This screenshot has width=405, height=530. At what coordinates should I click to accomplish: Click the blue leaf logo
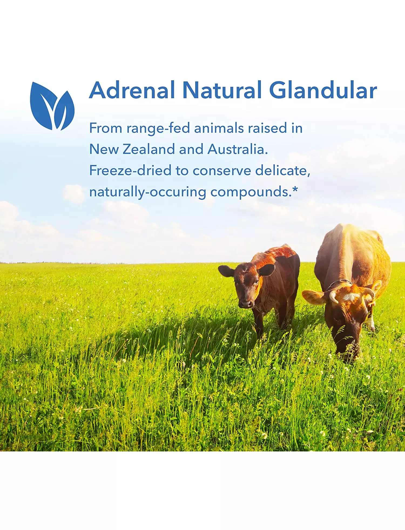(x=52, y=106)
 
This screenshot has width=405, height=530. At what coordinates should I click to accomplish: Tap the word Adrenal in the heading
(x=132, y=90)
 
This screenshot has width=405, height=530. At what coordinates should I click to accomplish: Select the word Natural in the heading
(x=222, y=90)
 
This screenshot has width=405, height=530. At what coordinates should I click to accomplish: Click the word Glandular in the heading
(x=323, y=90)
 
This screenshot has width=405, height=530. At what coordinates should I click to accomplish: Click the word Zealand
(x=149, y=149)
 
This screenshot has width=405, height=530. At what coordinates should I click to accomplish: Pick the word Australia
(x=238, y=149)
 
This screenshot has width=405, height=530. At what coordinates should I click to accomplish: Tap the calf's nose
(x=245, y=304)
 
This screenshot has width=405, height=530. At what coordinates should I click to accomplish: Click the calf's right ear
(x=226, y=271)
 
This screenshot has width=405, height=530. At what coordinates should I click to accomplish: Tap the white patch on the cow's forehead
(x=351, y=297)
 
